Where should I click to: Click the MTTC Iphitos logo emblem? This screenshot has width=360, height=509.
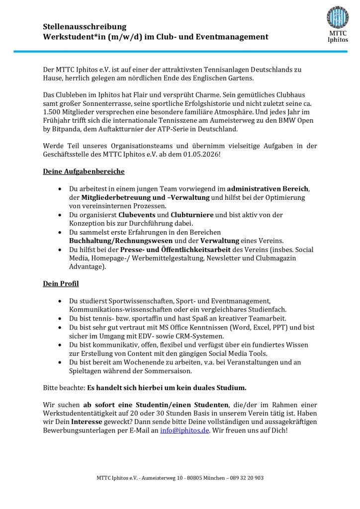(338, 17)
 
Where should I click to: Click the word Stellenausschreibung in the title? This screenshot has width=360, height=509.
(85, 27)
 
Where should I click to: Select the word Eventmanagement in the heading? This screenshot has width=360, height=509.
(237, 37)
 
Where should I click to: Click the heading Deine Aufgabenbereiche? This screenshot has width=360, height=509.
(84, 171)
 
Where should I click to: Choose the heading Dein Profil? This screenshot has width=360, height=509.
(61, 284)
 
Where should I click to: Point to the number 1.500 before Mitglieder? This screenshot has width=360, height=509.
(52, 112)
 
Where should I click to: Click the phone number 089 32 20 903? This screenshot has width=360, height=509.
(244, 478)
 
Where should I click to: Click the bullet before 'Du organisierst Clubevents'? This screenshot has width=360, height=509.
(60, 215)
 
